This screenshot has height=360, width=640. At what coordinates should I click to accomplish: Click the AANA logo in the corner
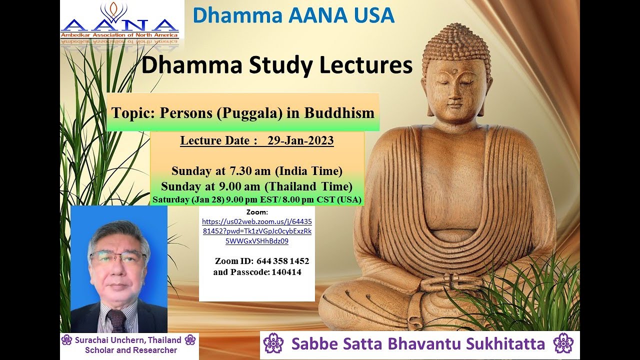(119, 22)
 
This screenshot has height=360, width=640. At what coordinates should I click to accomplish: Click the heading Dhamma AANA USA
(293, 15)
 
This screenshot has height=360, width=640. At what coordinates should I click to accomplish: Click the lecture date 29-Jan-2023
(300, 141)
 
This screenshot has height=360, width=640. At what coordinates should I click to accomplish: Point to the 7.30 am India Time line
(257, 171)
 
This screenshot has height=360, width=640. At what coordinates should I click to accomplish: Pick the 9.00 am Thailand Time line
(257, 186)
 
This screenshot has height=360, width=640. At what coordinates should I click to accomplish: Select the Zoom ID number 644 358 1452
(282, 261)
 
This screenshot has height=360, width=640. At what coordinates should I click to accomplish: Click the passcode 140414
(286, 272)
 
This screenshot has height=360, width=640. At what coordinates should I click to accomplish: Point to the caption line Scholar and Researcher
(131, 350)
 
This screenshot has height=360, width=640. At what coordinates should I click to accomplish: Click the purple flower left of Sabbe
(273, 344)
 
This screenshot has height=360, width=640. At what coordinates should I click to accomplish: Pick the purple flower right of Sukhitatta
(563, 344)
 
